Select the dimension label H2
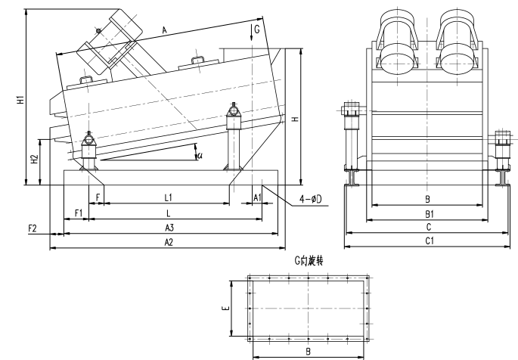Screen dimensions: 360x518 [x=34, y=160]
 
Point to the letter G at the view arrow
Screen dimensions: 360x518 [x=257, y=29]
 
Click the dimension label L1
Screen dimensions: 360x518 [x=169, y=197]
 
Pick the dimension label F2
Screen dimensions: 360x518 [x=33, y=228]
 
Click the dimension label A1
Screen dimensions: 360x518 [x=257, y=197]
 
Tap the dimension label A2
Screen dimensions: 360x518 [x=169, y=242]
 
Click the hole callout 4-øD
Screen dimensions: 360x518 [x=310, y=199]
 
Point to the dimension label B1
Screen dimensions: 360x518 [x=428, y=214]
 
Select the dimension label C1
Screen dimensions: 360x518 [x=429, y=241]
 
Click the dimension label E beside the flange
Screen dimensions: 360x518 [x=234, y=309]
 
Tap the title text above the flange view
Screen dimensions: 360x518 [x=310, y=259]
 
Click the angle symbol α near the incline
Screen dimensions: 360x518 [x=200, y=155]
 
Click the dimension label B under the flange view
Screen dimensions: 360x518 [x=307, y=352]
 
